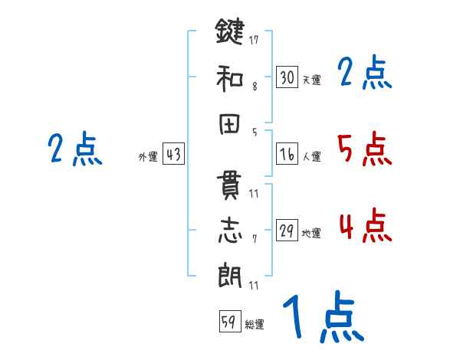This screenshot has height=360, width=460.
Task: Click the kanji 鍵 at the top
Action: pos(230,32)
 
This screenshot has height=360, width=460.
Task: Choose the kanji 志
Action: pos(230,231)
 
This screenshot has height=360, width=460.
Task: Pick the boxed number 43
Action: pos(173,155)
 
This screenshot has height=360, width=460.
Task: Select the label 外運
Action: pos(148,157)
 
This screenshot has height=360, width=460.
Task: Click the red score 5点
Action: pos(364,149)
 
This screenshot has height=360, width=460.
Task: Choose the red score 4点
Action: pos(364,226)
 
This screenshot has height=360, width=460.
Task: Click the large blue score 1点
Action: pos(322,318)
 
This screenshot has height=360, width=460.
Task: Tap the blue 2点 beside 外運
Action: pos(74,149)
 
